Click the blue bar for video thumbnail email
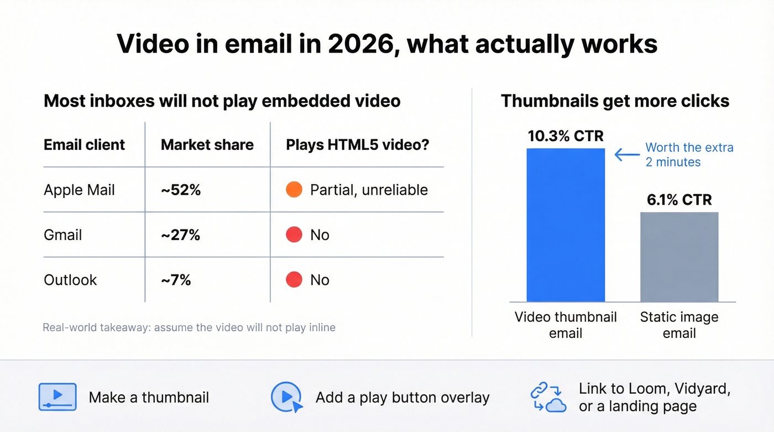click(x=566, y=225)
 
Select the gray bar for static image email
click(x=679, y=257)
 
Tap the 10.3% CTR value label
click(x=566, y=136)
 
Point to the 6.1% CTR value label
click(x=679, y=200)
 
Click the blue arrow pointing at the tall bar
click(x=627, y=155)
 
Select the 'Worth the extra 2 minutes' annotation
click(x=689, y=155)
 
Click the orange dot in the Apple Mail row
click(x=294, y=190)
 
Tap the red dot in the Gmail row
click(x=294, y=235)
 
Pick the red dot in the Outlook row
click(x=294, y=280)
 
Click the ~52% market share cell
click(x=181, y=190)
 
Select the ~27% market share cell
click(x=181, y=235)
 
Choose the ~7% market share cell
click(x=176, y=280)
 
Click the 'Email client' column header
click(x=85, y=145)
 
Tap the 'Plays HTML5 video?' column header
click(x=358, y=145)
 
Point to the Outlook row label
click(x=70, y=280)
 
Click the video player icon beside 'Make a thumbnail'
click(x=57, y=397)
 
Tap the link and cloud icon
click(x=548, y=397)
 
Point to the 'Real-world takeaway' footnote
click(x=189, y=327)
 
